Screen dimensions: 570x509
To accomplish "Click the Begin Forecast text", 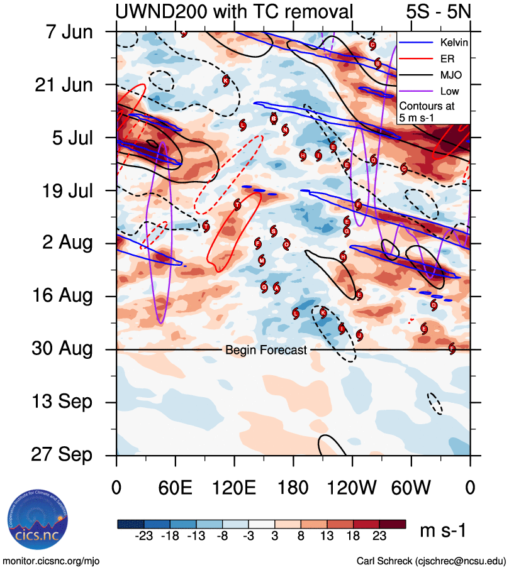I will pos(266,350).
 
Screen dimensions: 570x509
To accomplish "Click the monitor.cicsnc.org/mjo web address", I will pos(52,560).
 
